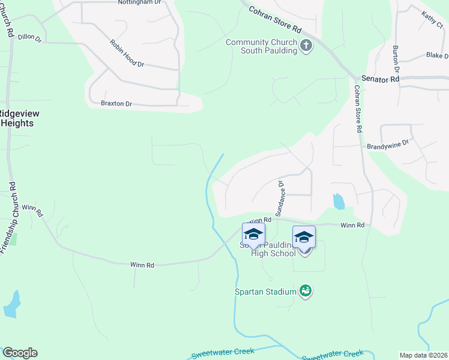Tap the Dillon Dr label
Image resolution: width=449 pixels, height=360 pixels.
tap(29, 38)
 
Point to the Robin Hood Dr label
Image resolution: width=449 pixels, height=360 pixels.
tap(127, 53)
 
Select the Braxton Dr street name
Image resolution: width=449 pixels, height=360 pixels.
tap(116, 104)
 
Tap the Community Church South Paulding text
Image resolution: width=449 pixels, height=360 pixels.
tap(261, 46)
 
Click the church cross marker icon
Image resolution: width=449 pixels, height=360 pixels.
tap(306, 46)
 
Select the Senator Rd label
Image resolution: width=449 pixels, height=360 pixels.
tap(380, 79)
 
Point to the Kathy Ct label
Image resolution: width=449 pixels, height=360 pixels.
tap(432, 20)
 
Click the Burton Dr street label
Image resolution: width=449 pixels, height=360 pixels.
tap(396, 59)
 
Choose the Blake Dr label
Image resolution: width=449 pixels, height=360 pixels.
tap(437, 55)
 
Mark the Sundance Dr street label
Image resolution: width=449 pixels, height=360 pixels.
tap(279, 197)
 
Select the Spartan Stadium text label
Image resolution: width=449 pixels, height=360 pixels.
tap(265, 292)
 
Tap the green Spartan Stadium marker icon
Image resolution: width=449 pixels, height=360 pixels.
tap(306, 292)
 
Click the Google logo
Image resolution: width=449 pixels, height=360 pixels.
tap(20, 353)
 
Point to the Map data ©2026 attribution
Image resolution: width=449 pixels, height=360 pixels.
tap(423, 355)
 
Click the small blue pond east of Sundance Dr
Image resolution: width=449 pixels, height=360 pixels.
tap(339, 201)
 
